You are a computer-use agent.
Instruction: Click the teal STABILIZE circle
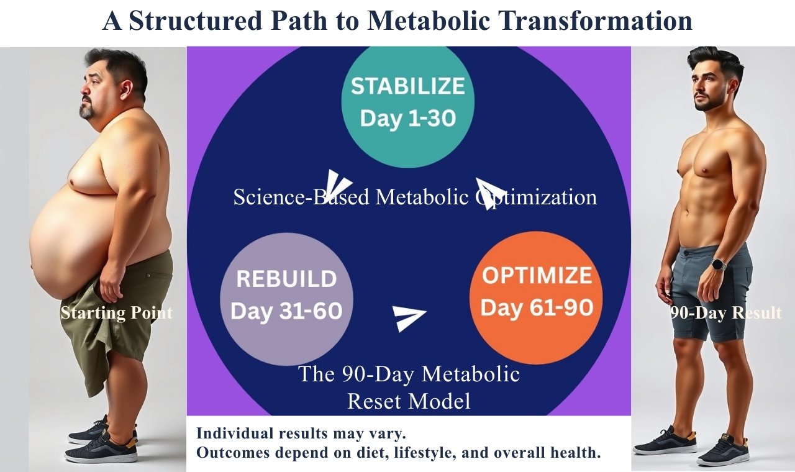pyautogui.click(x=408, y=103)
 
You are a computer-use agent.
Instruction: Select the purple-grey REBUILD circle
pyautogui.click(x=286, y=299)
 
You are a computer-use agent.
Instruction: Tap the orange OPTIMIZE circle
pyautogui.click(x=536, y=297)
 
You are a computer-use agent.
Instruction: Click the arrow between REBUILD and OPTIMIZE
pyautogui.click(x=408, y=317)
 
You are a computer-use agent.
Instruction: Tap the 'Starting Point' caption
pyautogui.click(x=116, y=313)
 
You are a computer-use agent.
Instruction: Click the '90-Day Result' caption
pyautogui.click(x=726, y=313)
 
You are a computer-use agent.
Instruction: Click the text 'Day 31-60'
pyautogui.click(x=286, y=311)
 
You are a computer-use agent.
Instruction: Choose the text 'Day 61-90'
pyautogui.click(x=537, y=307)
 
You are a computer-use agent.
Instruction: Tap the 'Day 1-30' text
pyautogui.click(x=408, y=118)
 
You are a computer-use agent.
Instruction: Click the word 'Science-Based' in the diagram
pyautogui.click(x=301, y=197)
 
